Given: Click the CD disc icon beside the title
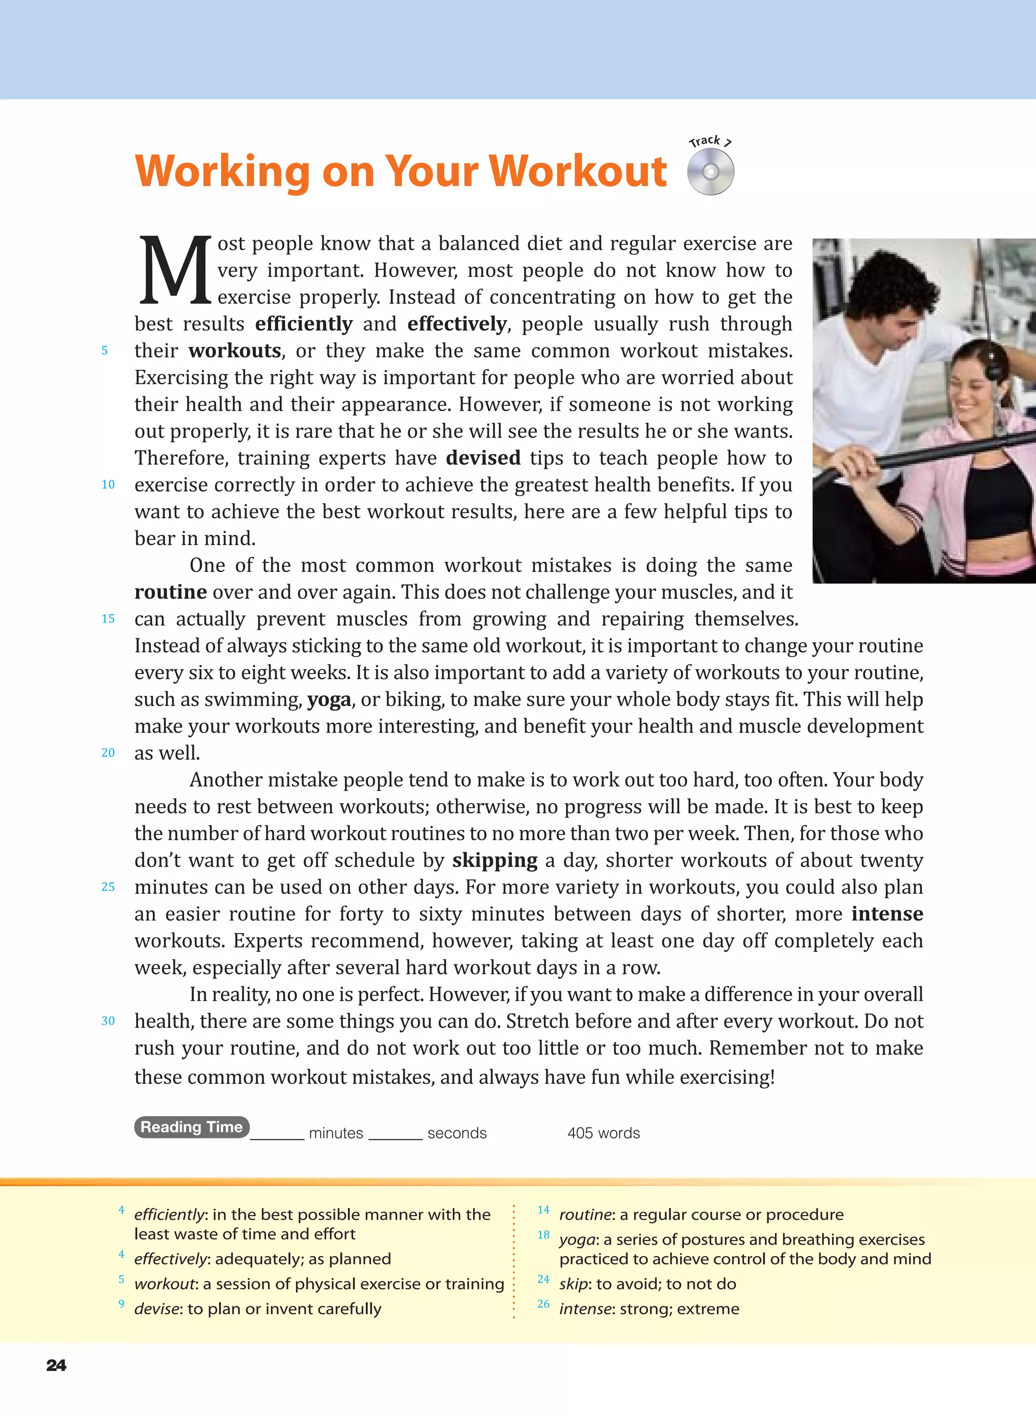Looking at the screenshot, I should coord(711,171).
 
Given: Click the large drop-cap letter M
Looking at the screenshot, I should coord(175,270).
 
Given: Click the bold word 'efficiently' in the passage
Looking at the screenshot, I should coord(304,324).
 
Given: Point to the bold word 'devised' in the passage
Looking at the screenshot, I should coord(483,458).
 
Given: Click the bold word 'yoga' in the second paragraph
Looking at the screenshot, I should coord(329,699).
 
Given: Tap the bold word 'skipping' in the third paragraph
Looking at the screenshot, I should coord(495,861).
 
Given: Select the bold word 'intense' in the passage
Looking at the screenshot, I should coord(887,914).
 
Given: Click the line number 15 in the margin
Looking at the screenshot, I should coord(108,618).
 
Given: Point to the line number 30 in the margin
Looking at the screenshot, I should coord(108,1021).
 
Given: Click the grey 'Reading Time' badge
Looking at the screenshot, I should coord(192,1127).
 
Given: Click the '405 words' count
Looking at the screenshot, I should coord(603,1133).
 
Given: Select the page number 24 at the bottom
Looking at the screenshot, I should coord(56,1365).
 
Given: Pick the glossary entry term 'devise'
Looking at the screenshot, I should coord(157,1309).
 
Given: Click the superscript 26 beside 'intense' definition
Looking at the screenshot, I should coord(543,1304).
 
